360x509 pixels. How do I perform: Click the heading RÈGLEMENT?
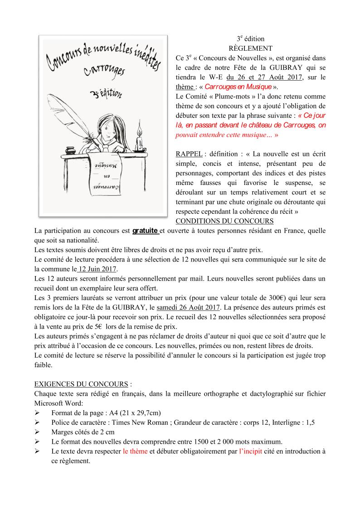pyautogui.click(x=250, y=48)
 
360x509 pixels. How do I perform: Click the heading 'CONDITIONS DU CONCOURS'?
pyautogui.click(x=224, y=221)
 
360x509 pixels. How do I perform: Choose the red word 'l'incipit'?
pyautogui.click(x=254, y=451)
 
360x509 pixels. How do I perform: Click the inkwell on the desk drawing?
pyautogui.click(x=70, y=149)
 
